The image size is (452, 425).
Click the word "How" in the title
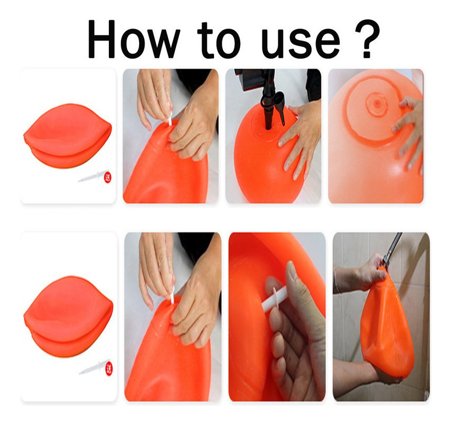[133, 39]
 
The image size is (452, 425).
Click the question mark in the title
[367, 39]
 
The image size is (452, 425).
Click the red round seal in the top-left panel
[108, 177]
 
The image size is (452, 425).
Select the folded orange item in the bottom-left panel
[68, 317]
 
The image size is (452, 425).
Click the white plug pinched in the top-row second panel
[170, 118]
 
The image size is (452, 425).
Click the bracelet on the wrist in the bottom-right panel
[336, 279]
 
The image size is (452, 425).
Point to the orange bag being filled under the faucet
[386, 323]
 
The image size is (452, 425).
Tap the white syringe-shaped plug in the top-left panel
[92, 176]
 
